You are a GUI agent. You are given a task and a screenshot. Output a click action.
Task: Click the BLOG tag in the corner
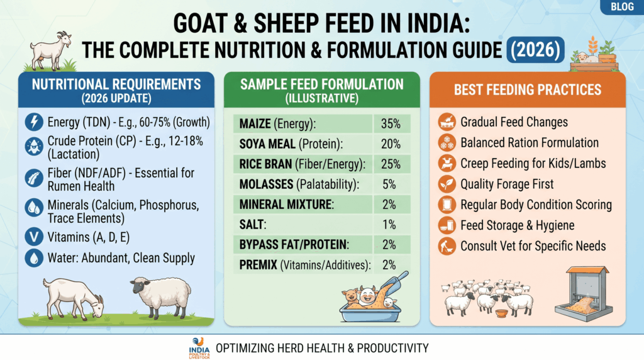click(x=622, y=6)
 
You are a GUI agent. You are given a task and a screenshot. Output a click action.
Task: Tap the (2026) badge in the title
click(x=536, y=50)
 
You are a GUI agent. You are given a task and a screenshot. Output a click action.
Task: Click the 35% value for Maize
click(x=390, y=124)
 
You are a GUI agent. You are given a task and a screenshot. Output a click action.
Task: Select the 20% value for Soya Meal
click(x=390, y=144)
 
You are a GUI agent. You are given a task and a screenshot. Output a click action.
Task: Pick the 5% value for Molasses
click(x=389, y=184)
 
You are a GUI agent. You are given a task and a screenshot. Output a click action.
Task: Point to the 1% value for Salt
click(x=389, y=225)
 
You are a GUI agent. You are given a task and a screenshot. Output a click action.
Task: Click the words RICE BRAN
click(x=265, y=164)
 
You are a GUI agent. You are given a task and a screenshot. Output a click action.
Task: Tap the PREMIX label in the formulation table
click(x=258, y=265)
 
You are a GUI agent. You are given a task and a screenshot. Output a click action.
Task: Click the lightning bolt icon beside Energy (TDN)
click(x=34, y=122)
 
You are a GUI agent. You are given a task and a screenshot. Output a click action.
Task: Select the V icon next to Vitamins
click(x=34, y=237)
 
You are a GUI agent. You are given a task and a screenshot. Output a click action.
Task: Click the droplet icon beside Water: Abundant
click(x=34, y=257)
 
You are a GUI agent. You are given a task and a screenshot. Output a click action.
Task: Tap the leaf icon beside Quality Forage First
click(x=447, y=184)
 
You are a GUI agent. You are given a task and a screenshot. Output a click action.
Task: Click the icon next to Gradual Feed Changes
click(x=447, y=121)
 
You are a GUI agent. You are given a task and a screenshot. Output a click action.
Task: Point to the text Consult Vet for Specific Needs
click(x=533, y=245)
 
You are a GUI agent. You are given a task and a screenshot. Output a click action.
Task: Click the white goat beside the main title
click(x=51, y=50)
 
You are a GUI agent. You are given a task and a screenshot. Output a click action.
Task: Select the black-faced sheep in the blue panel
click(x=161, y=296)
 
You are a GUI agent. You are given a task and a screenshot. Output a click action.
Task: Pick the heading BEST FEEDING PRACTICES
click(x=528, y=89)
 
